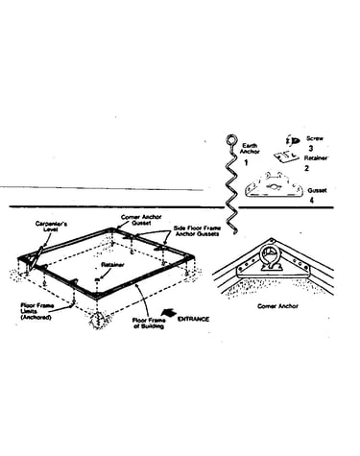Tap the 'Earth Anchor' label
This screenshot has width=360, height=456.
point(250,149)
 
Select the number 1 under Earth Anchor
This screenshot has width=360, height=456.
point(246,163)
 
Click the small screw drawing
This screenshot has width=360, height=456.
point(292,140)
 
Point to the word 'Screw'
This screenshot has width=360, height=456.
point(315,138)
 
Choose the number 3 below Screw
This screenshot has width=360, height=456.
point(311,148)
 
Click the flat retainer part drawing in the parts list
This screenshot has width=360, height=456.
point(286,156)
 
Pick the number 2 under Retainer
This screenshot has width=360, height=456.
point(306,168)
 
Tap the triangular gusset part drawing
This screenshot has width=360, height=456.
point(274,185)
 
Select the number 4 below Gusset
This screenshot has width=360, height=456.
point(312,201)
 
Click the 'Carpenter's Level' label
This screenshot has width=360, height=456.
point(51,227)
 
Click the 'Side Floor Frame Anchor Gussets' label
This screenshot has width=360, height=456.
point(197,231)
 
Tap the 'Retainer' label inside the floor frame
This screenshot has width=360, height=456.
point(112,265)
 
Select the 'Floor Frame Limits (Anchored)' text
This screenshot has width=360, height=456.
point(37,311)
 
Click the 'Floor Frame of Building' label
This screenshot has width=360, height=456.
point(149,324)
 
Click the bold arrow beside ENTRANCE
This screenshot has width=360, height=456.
point(170,313)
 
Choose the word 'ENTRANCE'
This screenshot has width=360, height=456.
point(194,319)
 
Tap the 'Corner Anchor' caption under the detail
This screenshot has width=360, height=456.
point(277,306)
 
